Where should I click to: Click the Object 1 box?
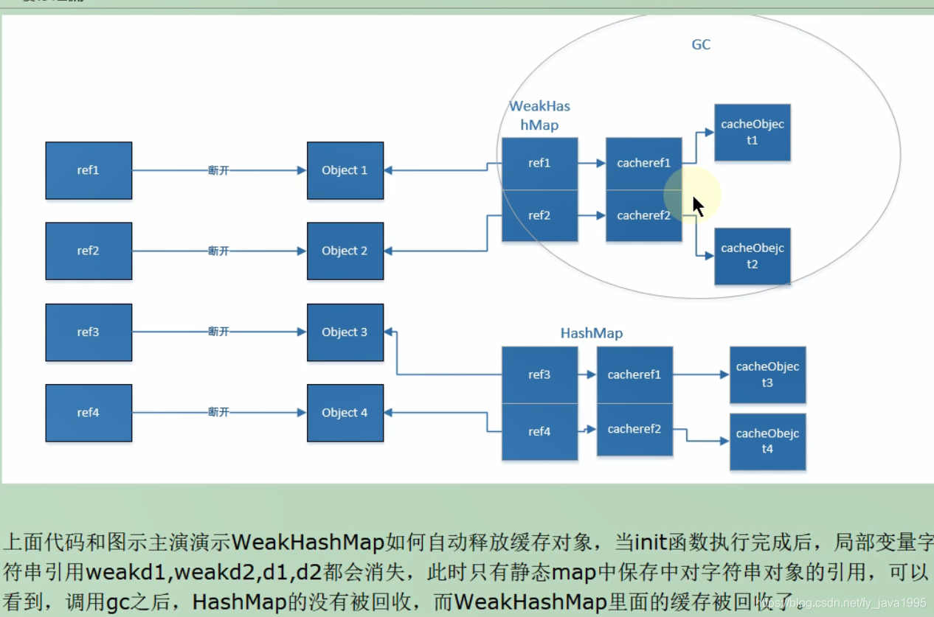[345, 170]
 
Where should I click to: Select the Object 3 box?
[345, 332]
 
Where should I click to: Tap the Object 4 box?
[345, 413]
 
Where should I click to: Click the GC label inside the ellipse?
[701, 45]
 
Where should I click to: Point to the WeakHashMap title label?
[539, 116]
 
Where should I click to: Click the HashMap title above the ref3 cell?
[591, 333]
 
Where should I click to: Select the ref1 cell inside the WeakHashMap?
[539, 164]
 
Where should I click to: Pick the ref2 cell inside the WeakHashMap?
[539, 216]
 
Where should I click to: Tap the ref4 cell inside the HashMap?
[539, 432]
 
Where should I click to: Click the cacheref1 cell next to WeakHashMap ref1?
[643, 164]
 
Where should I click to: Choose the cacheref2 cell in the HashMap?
[634, 429]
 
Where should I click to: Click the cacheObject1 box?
[752, 133]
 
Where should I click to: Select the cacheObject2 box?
[752, 257]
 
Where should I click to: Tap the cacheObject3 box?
[767, 374]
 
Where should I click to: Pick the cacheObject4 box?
[767, 442]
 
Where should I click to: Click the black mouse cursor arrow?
[697, 206]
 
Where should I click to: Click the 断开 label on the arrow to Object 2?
[218, 251]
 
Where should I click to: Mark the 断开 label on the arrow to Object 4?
[218, 412]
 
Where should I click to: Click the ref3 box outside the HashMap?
[89, 332]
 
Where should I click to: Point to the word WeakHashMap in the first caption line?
[308, 543]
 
